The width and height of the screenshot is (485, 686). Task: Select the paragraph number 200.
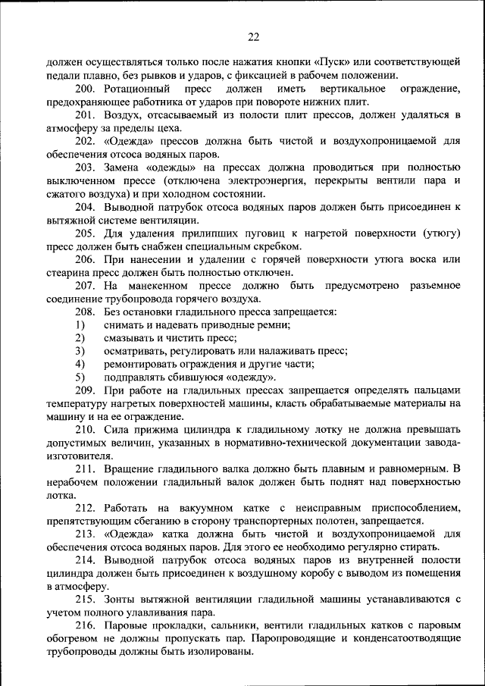point(84,89)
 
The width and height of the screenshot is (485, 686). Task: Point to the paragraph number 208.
point(84,312)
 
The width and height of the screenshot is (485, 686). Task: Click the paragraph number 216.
point(84,625)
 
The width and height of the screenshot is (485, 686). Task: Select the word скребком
point(280,246)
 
